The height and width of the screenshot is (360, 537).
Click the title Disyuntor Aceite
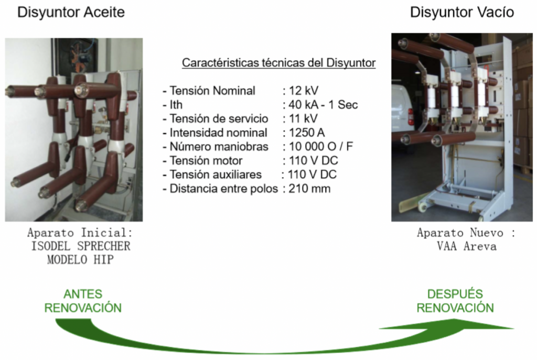(x=71, y=13)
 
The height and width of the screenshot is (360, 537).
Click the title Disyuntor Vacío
(x=461, y=13)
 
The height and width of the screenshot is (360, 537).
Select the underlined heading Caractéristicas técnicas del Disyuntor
(x=278, y=63)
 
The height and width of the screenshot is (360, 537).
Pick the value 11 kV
(x=302, y=118)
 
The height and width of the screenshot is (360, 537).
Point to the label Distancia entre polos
(x=223, y=189)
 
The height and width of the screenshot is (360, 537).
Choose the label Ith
(x=176, y=104)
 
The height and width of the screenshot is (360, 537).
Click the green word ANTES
(x=83, y=294)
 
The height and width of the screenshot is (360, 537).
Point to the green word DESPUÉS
(x=455, y=294)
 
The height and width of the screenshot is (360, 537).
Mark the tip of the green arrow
(x=512, y=329)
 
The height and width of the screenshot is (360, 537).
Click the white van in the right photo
(x=403, y=110)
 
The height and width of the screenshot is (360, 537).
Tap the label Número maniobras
(x=219, y=146)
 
